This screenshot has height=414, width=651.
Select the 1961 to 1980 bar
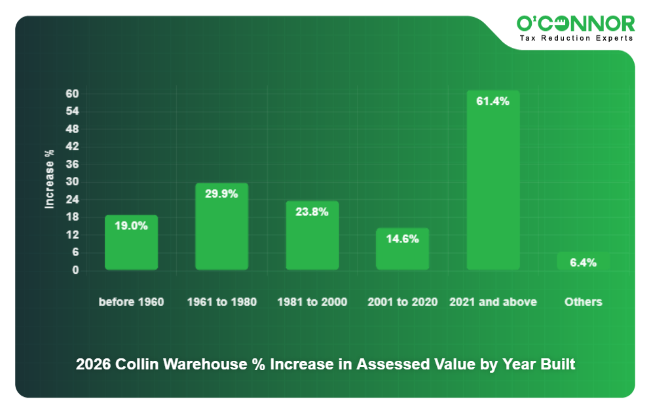coord(221,229)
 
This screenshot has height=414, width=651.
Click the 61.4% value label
coord(493,102)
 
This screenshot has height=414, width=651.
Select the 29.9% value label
coord(221,194)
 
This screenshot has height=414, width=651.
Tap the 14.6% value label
coord(402,239)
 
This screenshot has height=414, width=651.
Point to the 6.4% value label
coord(583,263)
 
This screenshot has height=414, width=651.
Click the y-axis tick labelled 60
coord(73,94)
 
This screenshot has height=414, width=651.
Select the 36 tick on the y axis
coord(73,164)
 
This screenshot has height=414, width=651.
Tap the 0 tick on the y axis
coord(75,270)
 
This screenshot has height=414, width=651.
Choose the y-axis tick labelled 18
coord(73,217)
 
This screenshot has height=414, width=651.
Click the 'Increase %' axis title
coord(49,179)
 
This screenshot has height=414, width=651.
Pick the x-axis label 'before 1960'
coord(131,302)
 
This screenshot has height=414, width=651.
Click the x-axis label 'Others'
coord(583,302)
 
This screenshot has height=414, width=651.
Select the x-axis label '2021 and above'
coord(493,302)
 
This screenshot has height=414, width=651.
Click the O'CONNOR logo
coord(575,24)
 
